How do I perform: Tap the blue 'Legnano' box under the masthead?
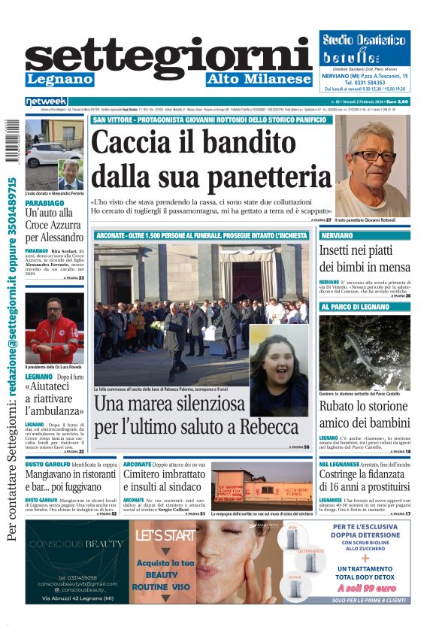point(59,79)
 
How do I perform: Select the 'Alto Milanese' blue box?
point(259,79)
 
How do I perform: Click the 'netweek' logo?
point(47,101)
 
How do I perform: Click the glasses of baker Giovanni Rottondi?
point(374,156)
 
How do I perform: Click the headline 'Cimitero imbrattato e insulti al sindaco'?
point(164,482)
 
